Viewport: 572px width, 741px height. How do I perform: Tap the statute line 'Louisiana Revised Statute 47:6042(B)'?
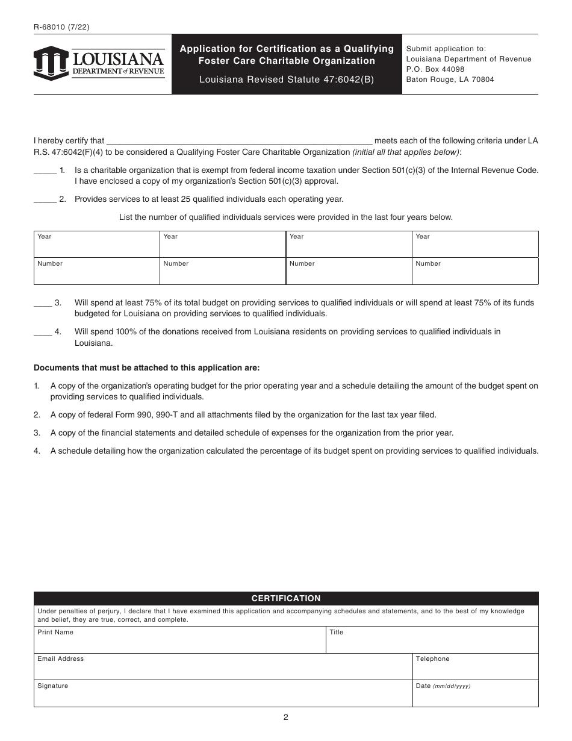click(x=287, y=80)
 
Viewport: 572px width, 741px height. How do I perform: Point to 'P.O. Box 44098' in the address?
click(x=435, y=69)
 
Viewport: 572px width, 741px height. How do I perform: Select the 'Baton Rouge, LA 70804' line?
click(x=450, y=80)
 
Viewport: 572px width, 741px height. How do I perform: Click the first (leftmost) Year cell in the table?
click(x=96, y=245)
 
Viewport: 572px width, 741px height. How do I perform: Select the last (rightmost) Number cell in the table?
click(x=475, y=272)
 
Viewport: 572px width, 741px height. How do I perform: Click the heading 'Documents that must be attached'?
click(x=147, y=367)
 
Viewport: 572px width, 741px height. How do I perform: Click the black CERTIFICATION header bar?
click(x=286, y=598)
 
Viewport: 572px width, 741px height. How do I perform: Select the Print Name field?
click(x=179, y=640)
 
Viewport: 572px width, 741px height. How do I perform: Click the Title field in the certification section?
click(x=432, y=640)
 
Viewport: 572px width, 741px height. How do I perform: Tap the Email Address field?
click(x=223, y=667)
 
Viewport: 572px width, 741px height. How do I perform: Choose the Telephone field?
click(x=475, y=667)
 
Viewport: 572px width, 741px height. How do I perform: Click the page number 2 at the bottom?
click(x=286, y=717)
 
